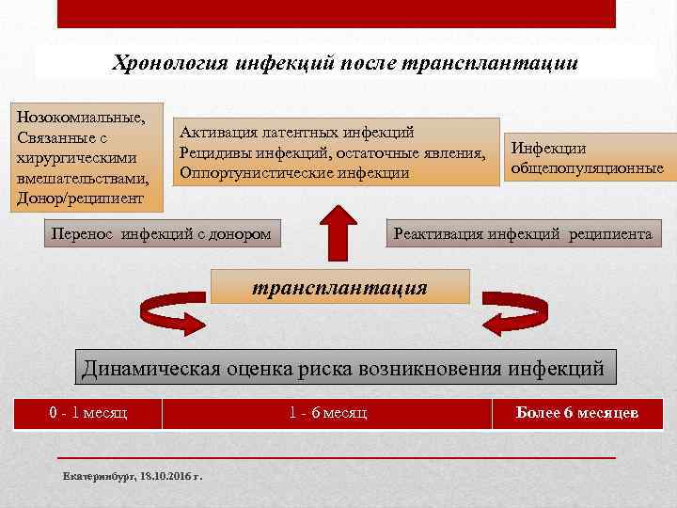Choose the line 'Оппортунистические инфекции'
tap(294, 173)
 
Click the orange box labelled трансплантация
tap(340, 287)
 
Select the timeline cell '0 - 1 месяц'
tap(88, 413)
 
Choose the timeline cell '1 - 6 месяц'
tap(328, 413)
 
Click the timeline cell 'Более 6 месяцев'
tap(577, 413)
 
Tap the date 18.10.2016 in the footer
tap(165, 478)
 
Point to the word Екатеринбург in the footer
tap(98, 478)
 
